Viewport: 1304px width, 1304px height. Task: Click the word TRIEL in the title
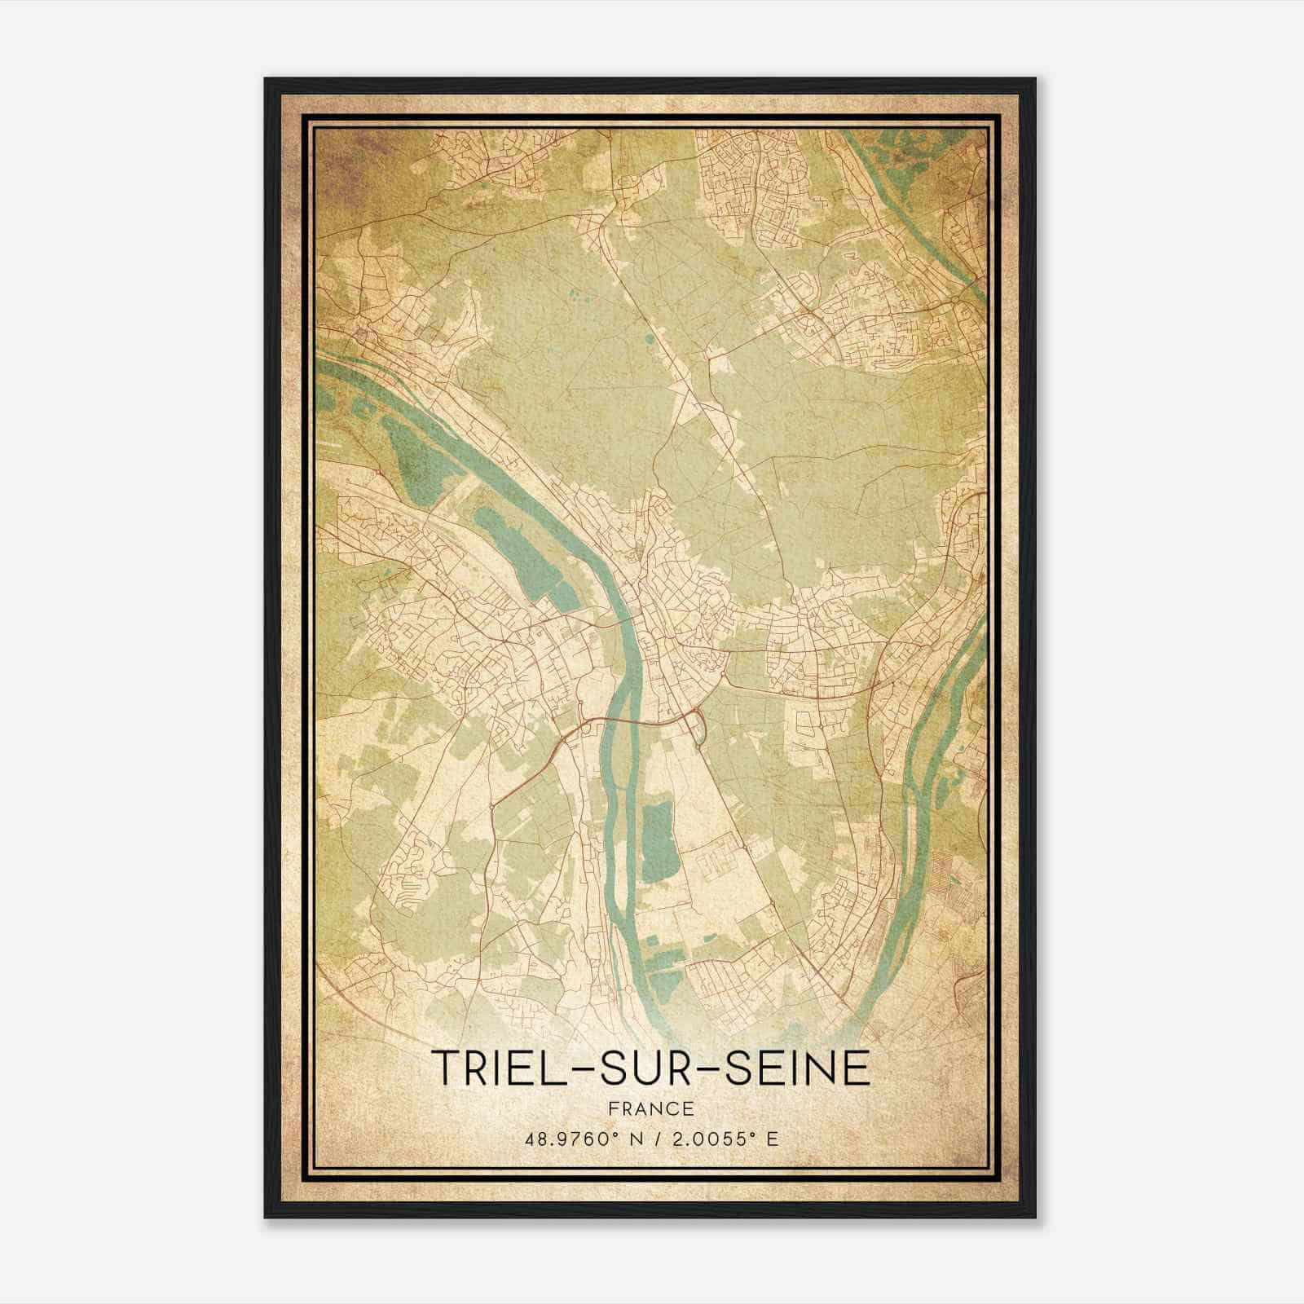(498, 1068)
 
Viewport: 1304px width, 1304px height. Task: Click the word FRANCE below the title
(651, 1108)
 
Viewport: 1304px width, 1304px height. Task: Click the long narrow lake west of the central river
(522, 554)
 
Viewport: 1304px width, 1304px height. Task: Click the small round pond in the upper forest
(648, 338)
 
